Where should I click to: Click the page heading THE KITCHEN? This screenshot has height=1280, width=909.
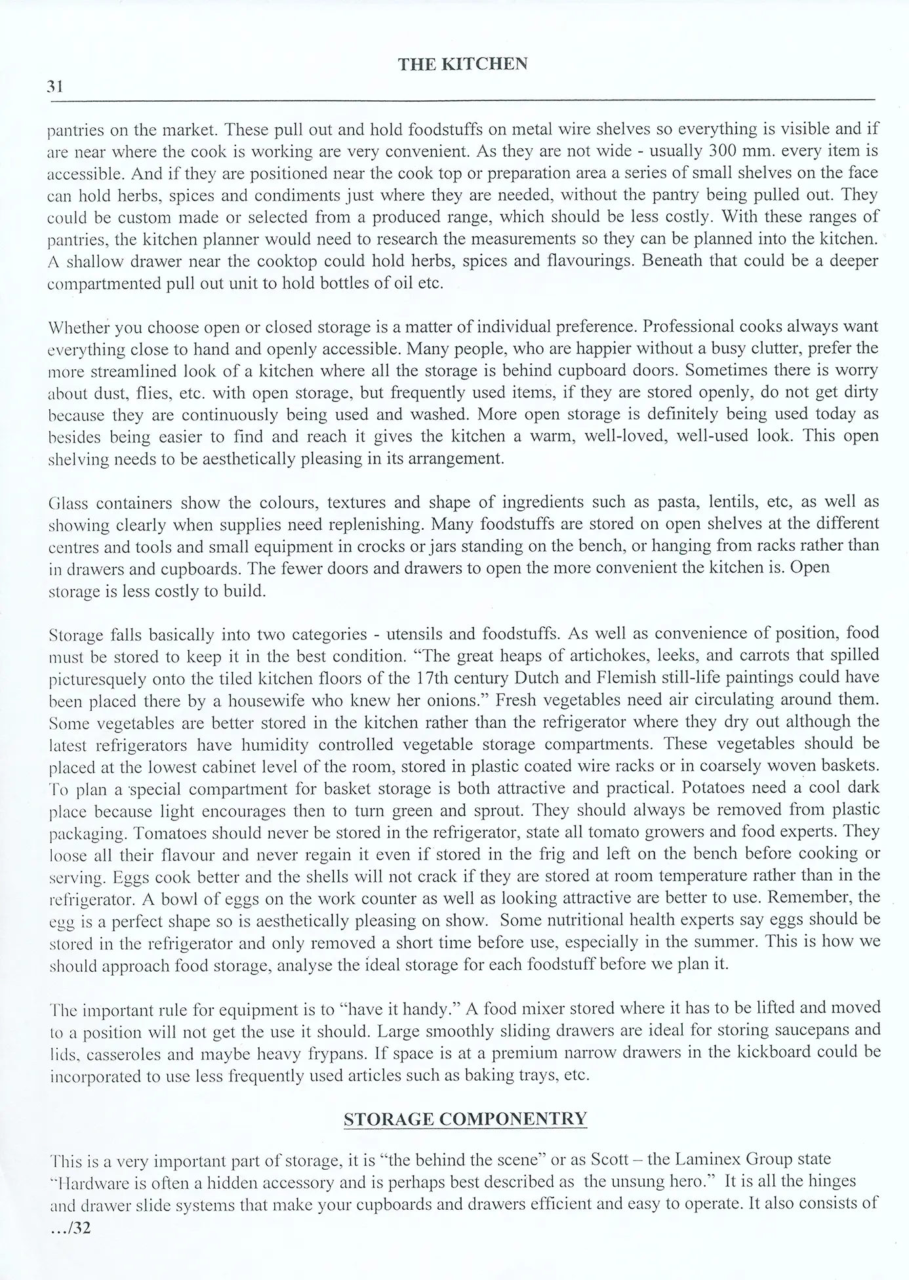(x=462, y=64)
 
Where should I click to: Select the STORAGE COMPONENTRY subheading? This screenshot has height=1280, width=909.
(x=465, y=1119)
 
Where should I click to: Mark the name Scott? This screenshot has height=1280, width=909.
(x=612, y=1159)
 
